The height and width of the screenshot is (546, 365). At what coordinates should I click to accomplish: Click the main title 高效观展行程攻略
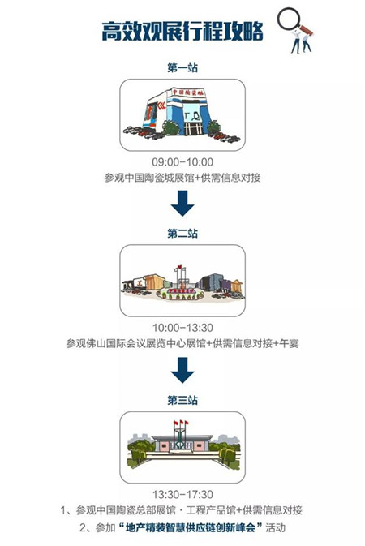(x=182, y=32)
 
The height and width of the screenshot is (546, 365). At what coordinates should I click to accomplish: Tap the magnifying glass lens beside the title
(x=289, y=19)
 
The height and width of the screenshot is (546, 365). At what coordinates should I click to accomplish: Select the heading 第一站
(x=182, y=67)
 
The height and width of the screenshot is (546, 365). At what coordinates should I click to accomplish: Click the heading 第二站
(x=182, y=233)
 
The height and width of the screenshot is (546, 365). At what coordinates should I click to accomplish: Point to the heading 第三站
(x=182, y=400)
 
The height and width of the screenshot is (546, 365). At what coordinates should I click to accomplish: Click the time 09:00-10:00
(x=182, y=162)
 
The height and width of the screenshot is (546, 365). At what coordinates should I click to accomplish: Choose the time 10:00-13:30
(x=182, y=328)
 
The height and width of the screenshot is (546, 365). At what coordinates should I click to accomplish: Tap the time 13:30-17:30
(x=182, y=494)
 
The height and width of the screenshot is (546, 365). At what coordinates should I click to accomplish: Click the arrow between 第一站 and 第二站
(x=182, y=203)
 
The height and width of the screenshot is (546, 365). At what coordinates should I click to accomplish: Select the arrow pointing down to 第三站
(x=182, y=370)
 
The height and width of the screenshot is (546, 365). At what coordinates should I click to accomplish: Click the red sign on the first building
(x=187, y=92)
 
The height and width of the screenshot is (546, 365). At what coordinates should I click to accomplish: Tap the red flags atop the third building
(x=181, y=423)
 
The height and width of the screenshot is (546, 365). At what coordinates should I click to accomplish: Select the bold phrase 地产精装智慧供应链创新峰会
(x=190, y=527)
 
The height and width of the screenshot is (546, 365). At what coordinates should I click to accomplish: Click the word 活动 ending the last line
(x=276, y=527)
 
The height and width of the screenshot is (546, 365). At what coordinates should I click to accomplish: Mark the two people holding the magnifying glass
(x=302, y=42)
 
